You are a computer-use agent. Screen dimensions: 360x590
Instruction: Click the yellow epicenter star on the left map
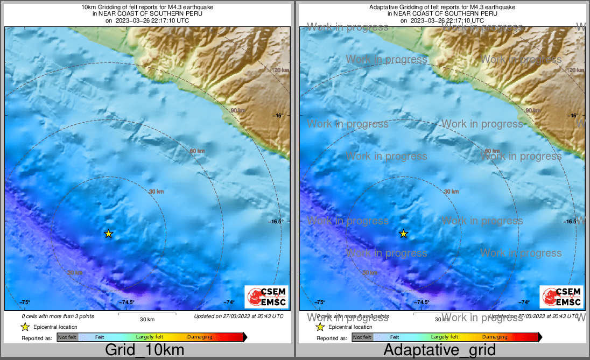(109, 234)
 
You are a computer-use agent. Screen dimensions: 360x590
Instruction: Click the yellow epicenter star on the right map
(403, 234)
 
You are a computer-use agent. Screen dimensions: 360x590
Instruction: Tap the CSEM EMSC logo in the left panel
(266, 297)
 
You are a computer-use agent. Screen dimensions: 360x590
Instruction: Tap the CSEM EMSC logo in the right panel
(561, 297)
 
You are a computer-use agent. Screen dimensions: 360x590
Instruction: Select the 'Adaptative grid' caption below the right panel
(439, 350)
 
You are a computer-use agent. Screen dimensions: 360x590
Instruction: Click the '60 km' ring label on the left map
(197, 151)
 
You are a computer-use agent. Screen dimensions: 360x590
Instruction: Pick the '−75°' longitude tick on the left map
(25, 302)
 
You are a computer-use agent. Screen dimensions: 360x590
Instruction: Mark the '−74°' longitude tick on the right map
(524, 302)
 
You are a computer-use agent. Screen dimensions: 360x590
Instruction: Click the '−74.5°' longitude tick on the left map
(127, 302)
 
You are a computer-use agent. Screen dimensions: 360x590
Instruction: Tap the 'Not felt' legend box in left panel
(67, 337)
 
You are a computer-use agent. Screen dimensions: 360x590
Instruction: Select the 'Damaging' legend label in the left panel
(200, 337)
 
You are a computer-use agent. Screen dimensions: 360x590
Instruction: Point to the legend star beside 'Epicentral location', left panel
(24, 327)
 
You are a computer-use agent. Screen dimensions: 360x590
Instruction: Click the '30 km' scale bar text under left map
(147, 319)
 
